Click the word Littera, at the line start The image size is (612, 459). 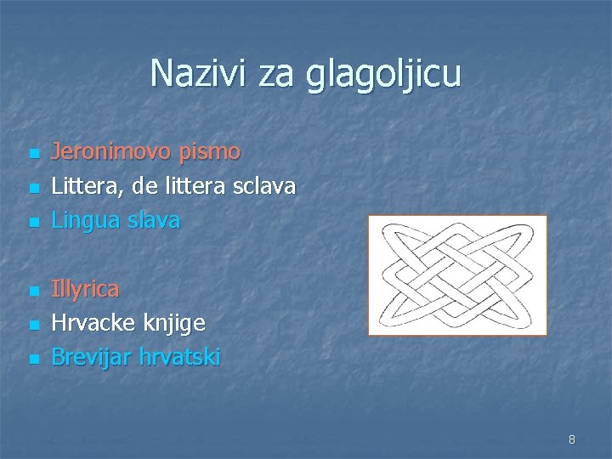point(86,186)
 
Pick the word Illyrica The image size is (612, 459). point(85,289)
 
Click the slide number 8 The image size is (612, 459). point(571,439)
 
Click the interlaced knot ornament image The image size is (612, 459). point(457,275)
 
